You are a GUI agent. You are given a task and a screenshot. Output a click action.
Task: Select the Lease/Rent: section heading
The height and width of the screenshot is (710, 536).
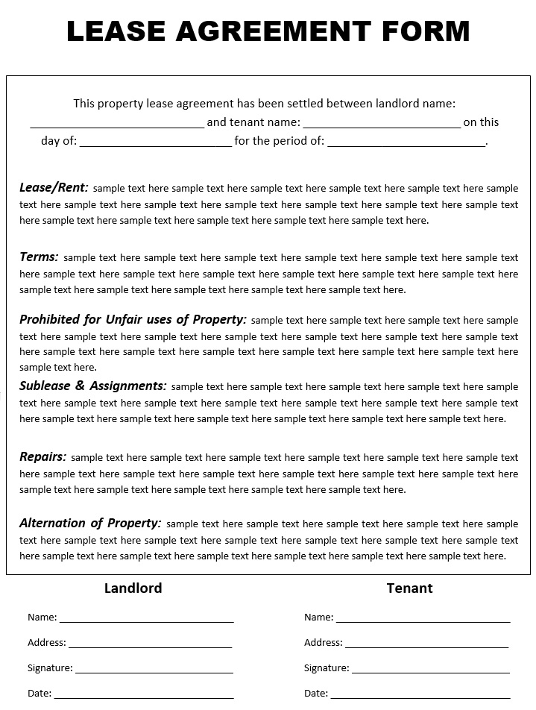click(54, 187)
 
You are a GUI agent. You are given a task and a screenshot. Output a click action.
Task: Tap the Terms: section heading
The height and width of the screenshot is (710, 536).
click(39, 257)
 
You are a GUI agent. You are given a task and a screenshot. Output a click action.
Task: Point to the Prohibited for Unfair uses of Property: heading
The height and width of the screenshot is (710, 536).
click(133, 319)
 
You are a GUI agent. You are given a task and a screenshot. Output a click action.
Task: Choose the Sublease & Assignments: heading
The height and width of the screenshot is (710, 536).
click(93, 386)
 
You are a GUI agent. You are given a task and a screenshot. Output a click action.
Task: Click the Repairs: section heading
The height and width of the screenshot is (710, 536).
click(43, 456)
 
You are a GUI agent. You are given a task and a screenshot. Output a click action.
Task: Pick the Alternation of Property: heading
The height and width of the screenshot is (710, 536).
click(90, 523)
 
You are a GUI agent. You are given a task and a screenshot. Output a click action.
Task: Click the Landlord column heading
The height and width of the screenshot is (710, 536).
click(133, 588)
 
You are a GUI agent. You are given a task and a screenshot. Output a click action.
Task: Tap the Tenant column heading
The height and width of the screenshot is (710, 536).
click(409, 588)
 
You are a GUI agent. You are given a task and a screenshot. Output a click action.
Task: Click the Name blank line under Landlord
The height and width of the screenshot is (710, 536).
click(146, 619)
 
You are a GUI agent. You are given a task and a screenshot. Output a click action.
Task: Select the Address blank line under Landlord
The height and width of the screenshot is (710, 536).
click(150, 644)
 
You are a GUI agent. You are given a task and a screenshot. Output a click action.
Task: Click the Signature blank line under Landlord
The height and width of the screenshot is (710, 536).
click(154, 670)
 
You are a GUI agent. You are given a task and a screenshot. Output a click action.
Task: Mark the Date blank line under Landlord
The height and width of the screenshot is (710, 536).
click(143, 695)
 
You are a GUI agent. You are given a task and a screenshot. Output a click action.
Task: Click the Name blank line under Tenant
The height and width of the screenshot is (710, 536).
click(423, 619)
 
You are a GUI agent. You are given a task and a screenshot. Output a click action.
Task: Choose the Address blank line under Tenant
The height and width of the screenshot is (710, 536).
click(426, 644)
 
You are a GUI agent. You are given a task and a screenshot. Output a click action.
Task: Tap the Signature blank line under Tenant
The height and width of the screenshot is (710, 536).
click(430, 670)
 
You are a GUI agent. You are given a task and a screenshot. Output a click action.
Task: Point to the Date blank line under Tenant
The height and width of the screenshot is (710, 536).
click(420, 695)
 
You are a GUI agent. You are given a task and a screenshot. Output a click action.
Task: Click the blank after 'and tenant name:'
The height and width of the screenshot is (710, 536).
click(382, 125)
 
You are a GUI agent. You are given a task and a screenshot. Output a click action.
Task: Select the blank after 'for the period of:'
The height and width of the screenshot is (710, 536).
click(406, 144)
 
